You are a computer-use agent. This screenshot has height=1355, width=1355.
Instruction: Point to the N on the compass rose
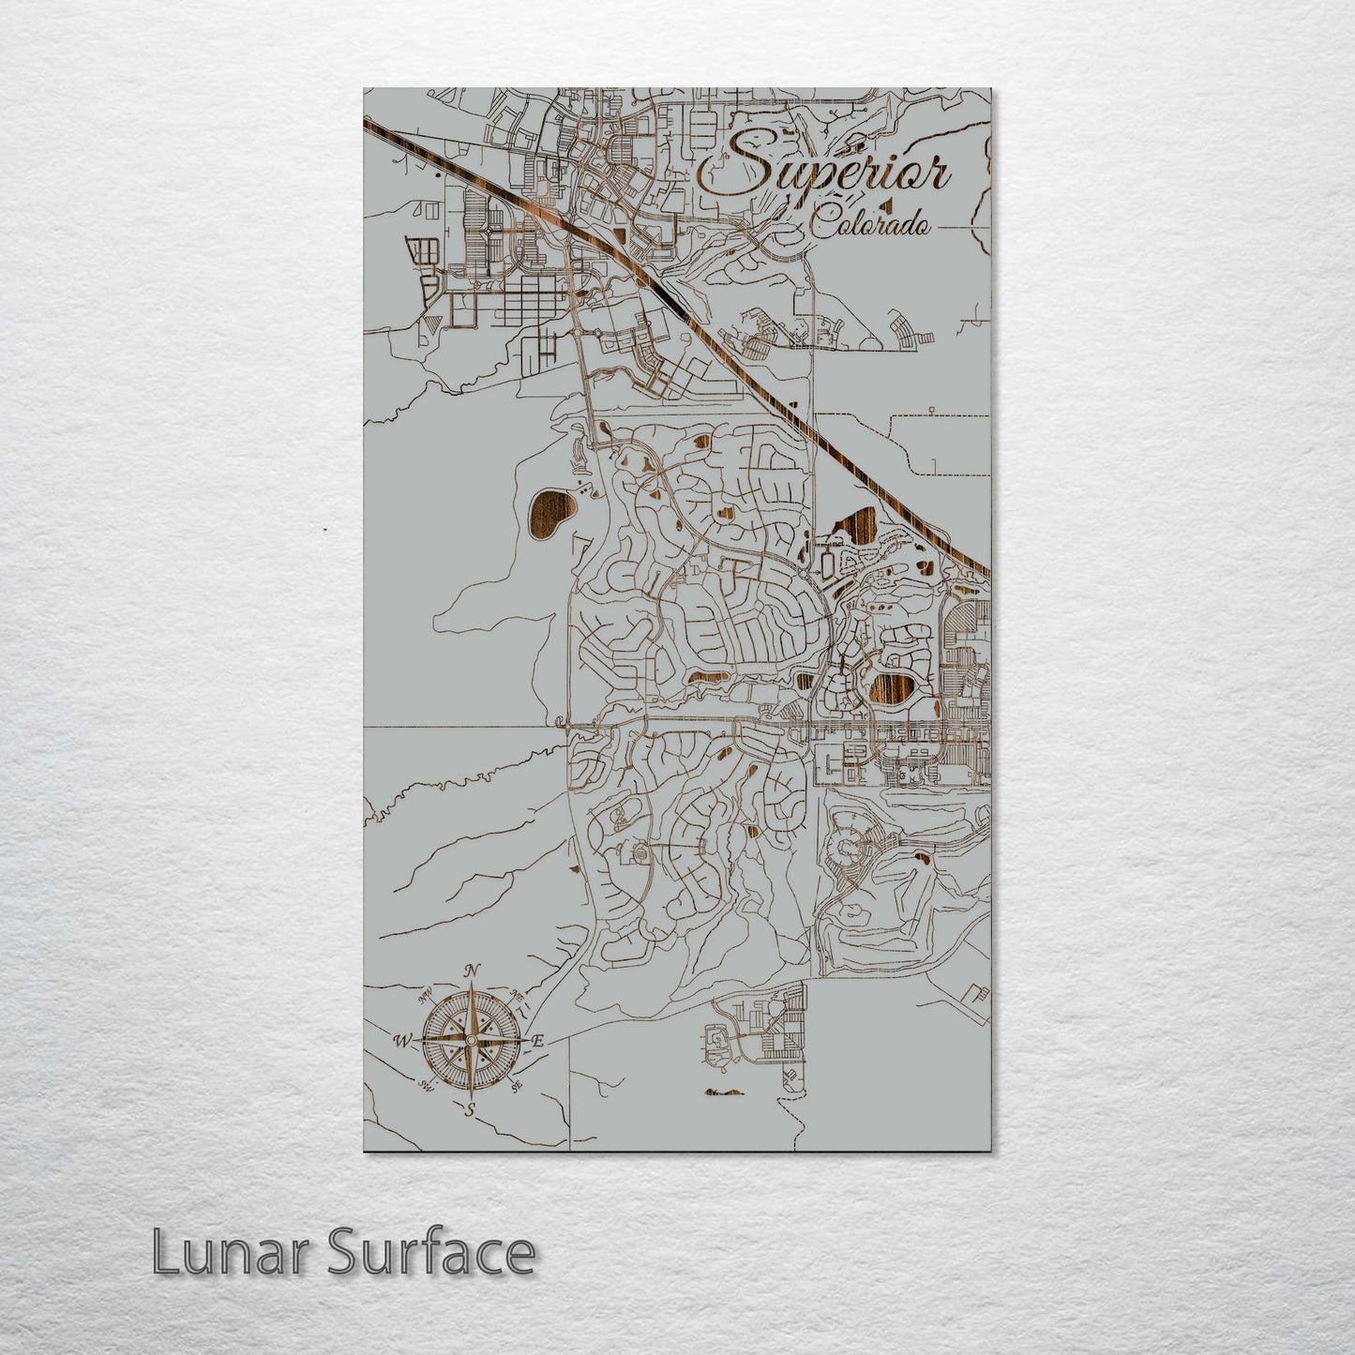pos(474,971)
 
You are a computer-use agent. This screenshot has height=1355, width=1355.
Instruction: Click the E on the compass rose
pos(538,1041)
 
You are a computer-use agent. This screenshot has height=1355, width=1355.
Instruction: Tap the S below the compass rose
pos(471,1110)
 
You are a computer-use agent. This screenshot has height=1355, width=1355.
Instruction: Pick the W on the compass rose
pos(402,1040)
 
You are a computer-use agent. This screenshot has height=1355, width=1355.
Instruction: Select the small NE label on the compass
pos(516,995)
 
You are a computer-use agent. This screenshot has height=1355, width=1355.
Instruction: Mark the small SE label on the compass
pos(516,1086)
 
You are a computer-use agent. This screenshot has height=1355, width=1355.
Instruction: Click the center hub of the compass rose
pos(471,1040)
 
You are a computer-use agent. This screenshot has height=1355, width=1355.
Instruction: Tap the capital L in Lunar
pos(164,1253)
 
